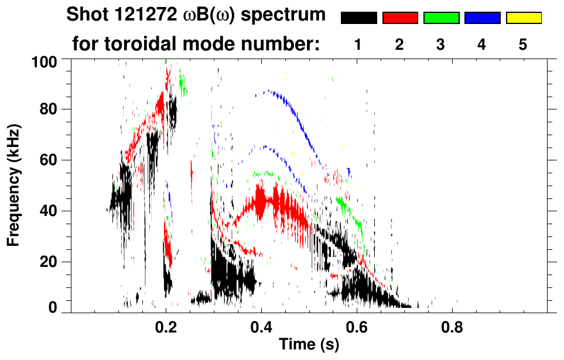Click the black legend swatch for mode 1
coord(358,18)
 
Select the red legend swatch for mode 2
coord(400,18)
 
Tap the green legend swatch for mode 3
coord(441,18)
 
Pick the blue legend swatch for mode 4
coord(482,18)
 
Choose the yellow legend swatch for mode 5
coord(524,18)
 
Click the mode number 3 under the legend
coord(441,44)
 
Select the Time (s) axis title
coord(309,345)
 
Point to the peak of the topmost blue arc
coord(268,90)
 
